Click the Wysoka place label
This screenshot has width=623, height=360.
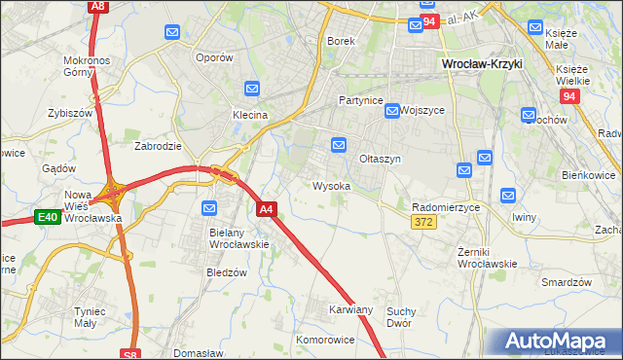click(x=331, y=186)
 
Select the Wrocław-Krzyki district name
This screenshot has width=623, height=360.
click(x=482, y=63)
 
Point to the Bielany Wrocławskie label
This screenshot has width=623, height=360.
click(x=238, y=238)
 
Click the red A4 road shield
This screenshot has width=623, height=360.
click(x=268, y=208)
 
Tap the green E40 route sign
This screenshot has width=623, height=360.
click(x=48, y=217)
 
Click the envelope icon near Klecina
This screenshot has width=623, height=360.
click(x=252, y=90)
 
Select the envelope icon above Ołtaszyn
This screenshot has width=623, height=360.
click(x=339, y=145)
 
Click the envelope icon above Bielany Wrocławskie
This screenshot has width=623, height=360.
click(x=209, y=208)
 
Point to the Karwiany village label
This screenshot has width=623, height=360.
click(x=350, y=309)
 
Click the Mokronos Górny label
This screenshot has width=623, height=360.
click(x=89, y=65)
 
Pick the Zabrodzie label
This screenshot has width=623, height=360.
click(x=158, y=146)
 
